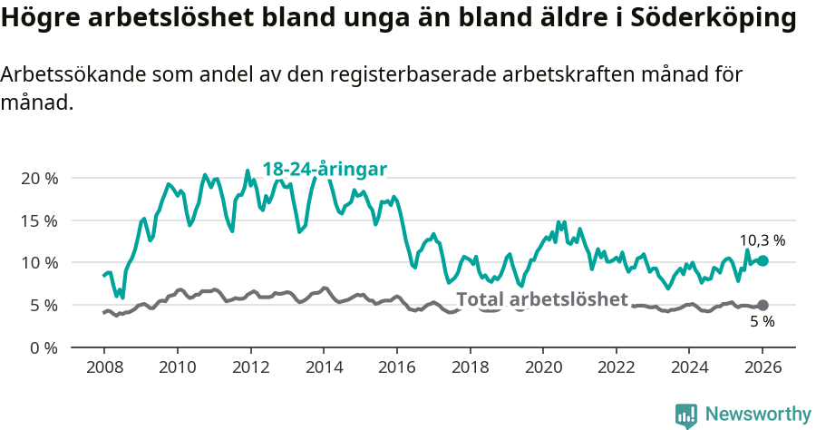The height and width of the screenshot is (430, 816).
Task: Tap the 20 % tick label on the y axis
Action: tap(39, 178)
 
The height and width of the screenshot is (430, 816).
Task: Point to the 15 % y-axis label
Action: tap(39, 220)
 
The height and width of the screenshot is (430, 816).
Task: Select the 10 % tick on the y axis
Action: tap(39, 263)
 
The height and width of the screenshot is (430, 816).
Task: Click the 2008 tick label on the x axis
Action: tap(103, 369)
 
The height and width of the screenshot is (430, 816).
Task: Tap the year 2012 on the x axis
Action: tap(250, 369)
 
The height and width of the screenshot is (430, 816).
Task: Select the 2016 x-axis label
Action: tap(396, 369)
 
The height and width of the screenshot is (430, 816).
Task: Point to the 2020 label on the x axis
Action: tap(543, 369)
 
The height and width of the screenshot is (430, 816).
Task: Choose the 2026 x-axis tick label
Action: tap(763, 369)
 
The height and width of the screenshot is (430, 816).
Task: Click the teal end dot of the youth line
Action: tap(763, 260)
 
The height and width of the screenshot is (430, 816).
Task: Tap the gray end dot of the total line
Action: tap(763, 305)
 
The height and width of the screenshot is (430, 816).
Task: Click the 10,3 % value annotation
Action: tap(761, 240)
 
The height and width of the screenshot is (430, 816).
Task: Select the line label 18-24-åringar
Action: tap(325, 169)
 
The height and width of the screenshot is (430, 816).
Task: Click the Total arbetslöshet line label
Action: tap(541, 299)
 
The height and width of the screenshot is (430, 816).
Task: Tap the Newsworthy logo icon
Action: tap(686, 415)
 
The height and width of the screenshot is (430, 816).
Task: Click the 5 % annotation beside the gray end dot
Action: tap(762, 322)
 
